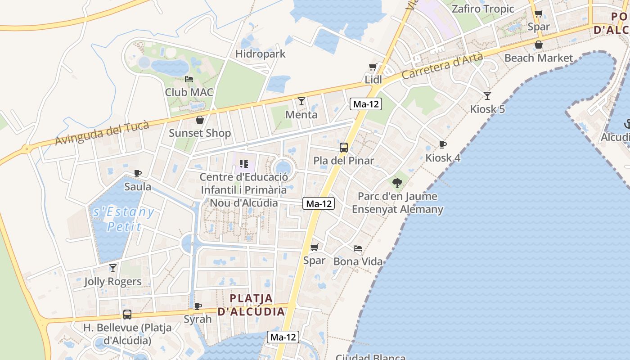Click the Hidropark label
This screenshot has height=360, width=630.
click(261, 54)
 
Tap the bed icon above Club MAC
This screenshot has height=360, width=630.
click(189, 79)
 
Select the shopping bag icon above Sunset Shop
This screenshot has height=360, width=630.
click(200, 120)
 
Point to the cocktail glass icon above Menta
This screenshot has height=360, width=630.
click(301, 101)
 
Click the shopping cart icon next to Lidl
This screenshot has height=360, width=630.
click(373, 67)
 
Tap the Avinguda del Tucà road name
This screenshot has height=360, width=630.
click(102, 134)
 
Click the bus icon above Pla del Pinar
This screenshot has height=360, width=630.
click(344, 147)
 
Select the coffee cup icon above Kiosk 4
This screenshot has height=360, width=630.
click(443, 144)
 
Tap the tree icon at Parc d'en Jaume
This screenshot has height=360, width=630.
click(397, 183)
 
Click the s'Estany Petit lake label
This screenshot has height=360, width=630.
click(122, 219)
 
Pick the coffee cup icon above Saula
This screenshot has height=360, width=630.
click(138, 173)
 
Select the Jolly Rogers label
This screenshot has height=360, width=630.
click(113, 282)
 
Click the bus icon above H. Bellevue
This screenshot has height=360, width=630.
click(127, 314)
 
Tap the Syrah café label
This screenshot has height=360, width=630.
click(198, 319)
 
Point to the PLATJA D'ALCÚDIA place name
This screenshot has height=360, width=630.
click(252, 305)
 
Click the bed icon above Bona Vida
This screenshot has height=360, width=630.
click(358, 248)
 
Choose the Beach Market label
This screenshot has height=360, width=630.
click(539, 58)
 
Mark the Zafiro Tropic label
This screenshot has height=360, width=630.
click(483, 9)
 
